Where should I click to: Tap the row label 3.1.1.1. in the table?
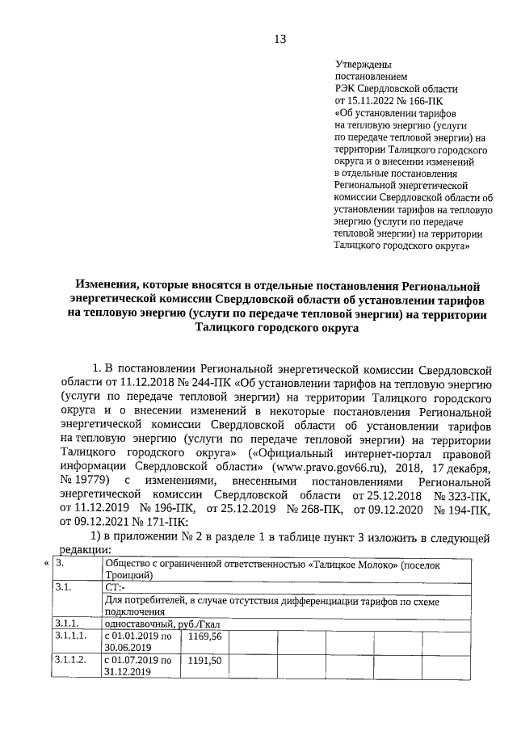70,637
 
